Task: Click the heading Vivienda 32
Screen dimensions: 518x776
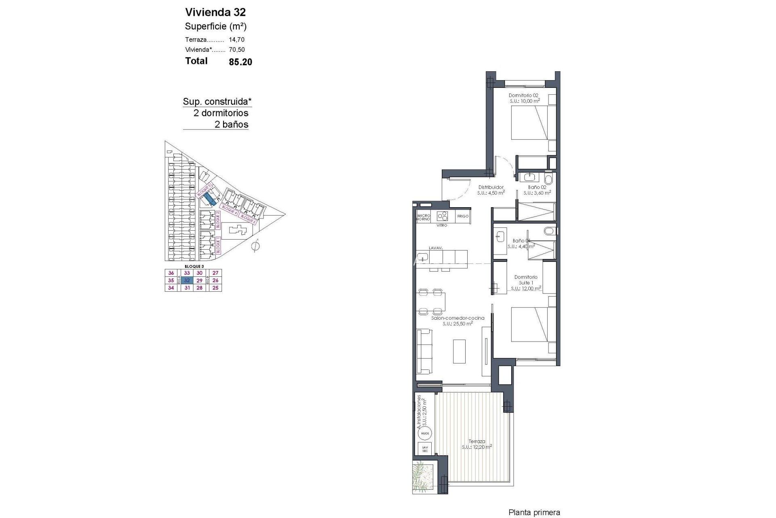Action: (215, 12)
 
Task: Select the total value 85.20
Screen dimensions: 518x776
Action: (240, 62)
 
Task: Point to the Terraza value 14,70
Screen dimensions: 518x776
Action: (236, 40)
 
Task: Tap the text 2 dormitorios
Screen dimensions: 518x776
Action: (221, 113)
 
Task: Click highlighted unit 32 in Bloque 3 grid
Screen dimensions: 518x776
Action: (187, 280)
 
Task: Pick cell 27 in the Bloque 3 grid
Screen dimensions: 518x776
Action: (215, 273)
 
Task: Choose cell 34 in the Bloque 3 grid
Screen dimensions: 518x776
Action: (171, 288)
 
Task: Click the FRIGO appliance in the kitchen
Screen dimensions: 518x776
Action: (463, 216)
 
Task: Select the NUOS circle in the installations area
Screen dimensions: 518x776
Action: (425, 433)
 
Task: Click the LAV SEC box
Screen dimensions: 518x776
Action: (425, 448)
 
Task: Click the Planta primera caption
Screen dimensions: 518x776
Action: (534, 513)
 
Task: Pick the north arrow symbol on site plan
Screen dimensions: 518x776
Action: (255, 246)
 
